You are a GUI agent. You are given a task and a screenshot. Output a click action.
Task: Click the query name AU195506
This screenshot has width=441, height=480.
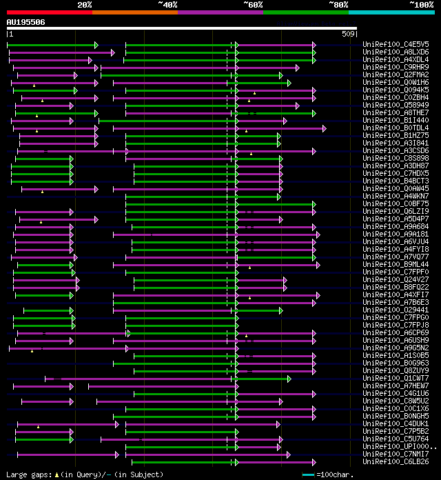pos(25,22)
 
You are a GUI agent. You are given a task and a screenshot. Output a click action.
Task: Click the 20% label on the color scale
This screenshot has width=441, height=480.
pos(85,5)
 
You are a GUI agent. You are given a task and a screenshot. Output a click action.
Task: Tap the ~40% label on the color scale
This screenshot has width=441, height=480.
pos(167,5)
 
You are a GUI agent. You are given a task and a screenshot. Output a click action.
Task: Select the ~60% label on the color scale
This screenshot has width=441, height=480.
pos(253,5)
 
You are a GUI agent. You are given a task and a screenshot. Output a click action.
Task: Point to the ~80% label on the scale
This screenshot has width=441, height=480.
pos(338,5)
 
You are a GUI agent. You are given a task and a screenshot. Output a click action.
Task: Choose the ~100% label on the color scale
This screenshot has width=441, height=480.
pos(421,5)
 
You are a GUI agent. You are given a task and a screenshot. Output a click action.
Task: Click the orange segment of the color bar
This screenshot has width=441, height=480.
pos(135,12)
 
